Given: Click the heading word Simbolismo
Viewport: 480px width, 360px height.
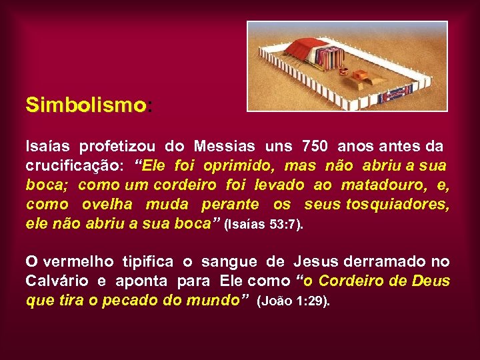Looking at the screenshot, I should click(85, 105).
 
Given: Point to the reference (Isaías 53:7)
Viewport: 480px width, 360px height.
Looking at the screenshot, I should click(265, 225).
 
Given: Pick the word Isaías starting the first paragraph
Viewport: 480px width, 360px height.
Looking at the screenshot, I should click(48, 146).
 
